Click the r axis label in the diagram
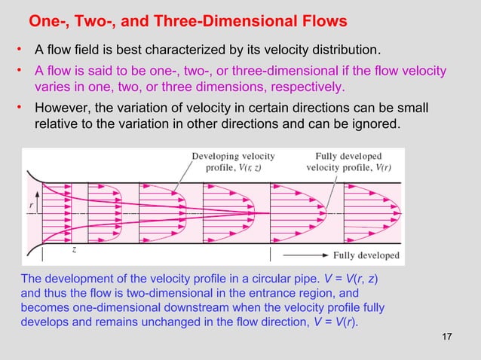[x=32, y=203]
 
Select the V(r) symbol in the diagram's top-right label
[x=381, y=168]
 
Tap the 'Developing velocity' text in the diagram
[x=233, y=157]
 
